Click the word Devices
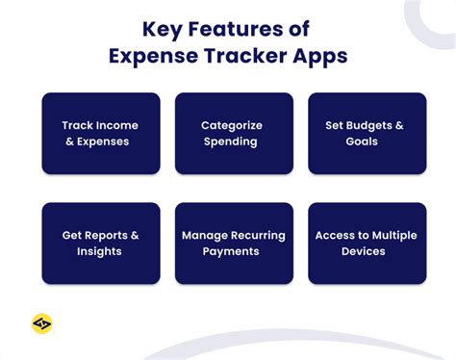click(x=363, y=251)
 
